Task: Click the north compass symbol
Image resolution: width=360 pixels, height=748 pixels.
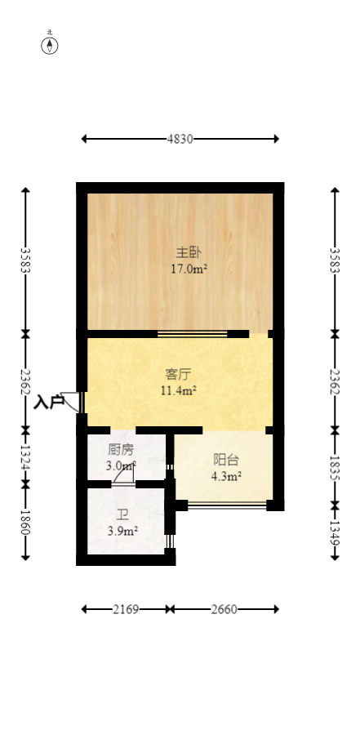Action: click(50, 45)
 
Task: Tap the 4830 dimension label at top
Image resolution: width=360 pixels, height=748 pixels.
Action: click(180, 139)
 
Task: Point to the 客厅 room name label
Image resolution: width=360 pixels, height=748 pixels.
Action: click(178, 375)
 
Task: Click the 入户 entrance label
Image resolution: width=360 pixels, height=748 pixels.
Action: click(49, 402)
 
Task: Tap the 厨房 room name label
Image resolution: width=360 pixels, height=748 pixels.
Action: click(121, 450)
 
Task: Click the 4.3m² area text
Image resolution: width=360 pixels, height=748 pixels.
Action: click(226, 476)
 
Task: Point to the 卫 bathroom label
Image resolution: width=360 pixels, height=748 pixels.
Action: click(122, 515)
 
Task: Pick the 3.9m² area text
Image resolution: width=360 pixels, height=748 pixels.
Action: click(122, 532)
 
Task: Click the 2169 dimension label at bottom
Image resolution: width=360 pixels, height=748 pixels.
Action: click(126, 609)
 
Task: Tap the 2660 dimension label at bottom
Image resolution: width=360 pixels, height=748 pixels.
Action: click(224, 609)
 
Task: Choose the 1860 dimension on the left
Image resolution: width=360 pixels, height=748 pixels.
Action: click(25, 521)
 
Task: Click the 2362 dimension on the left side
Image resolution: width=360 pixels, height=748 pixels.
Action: click(25, 381)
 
